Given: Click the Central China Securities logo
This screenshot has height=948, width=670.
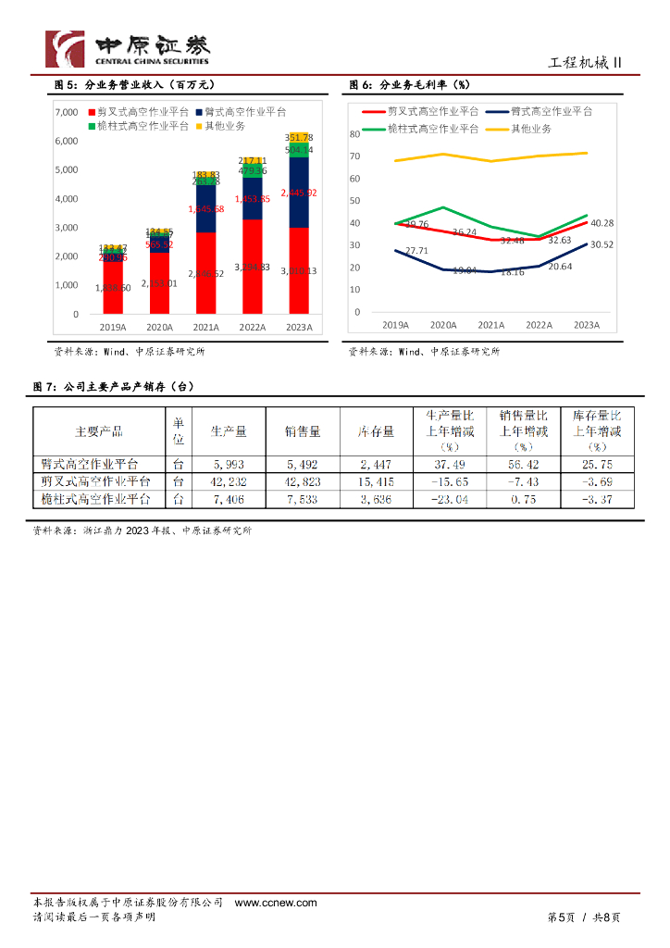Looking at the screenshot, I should coord(128,48).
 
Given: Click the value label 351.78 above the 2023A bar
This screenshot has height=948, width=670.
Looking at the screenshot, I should coord(299,138).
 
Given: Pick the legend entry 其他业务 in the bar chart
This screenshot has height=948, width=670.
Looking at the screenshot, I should coord(222,125).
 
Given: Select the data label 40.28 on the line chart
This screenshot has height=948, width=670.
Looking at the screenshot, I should coord(602,223).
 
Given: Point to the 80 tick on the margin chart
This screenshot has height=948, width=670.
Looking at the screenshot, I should coord(354,134).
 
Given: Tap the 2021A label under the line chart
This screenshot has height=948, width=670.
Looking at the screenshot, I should coord(491,325).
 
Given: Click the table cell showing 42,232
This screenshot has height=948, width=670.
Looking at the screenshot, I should coord(229,481).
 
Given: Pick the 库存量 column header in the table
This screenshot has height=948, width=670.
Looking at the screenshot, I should coord(377,431).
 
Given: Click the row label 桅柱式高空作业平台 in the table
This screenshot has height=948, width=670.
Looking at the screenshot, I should coord(96,499).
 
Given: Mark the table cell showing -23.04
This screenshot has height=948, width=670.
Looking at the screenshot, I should coord(450,499).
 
